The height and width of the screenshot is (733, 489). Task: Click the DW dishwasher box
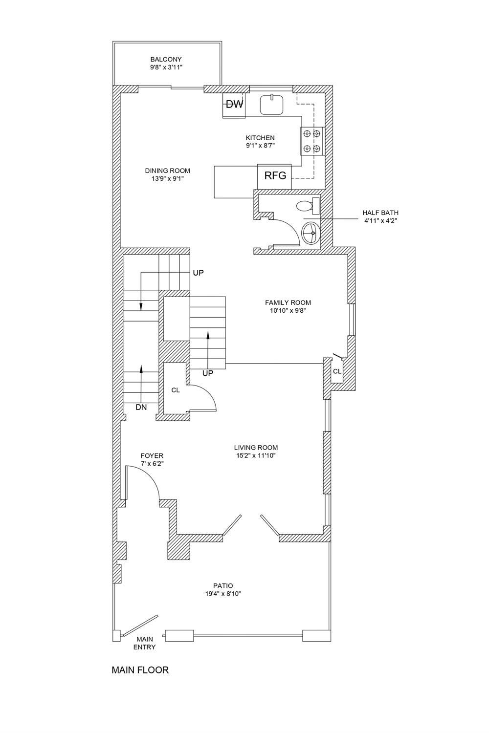234,104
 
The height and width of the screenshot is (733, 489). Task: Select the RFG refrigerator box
275,175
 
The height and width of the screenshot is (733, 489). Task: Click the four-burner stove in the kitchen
312,140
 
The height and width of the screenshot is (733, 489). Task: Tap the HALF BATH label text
380,213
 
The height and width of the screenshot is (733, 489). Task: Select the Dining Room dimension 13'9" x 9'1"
167,178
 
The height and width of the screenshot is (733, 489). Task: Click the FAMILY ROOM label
288,302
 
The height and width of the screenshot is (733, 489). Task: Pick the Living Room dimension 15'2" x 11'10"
256,455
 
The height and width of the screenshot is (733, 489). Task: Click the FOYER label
152,455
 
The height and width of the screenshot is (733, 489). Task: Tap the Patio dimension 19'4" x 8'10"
223,594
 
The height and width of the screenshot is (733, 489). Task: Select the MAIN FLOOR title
140,670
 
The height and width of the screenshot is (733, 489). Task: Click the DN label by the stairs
141,407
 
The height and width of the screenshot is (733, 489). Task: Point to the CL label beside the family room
337,371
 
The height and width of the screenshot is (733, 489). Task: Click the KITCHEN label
260,138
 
